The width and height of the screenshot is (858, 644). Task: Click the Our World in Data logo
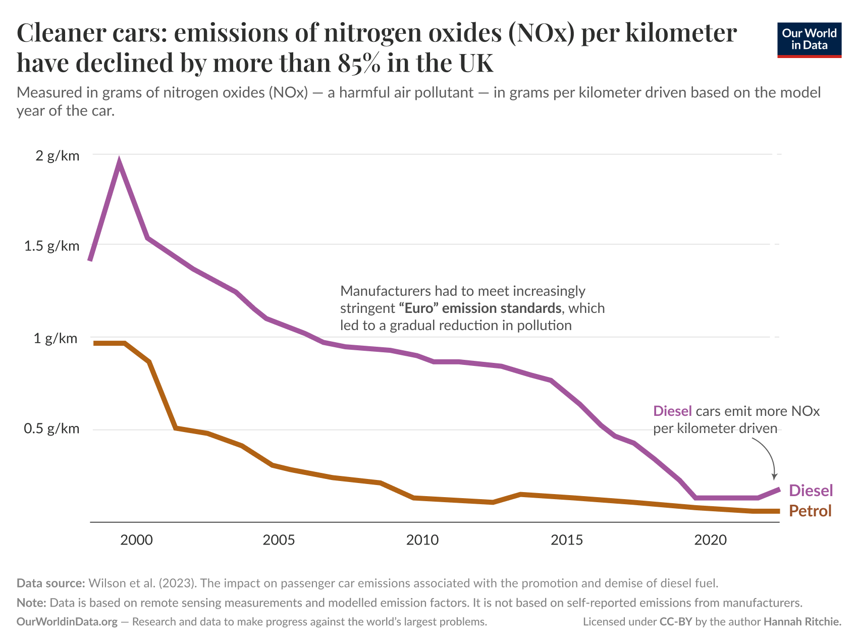[809, 40]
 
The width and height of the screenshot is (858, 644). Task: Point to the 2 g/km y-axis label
[58, 155]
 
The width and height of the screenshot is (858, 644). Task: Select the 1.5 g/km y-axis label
[51, 246]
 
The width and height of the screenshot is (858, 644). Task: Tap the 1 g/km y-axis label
[56, 338]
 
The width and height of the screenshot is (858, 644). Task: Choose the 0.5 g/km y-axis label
[51, 428]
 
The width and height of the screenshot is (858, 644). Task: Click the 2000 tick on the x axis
[136, 540]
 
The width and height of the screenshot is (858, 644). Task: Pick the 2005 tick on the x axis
[279, 540]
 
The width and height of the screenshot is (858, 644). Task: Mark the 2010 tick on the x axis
[422, 540]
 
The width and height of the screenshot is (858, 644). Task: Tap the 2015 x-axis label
[566, 540]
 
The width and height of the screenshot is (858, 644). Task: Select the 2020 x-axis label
[710, 540]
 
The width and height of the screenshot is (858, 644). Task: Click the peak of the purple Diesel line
[119, 163]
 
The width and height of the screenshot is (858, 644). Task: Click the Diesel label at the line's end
[811, 491]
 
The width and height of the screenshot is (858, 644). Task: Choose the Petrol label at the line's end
[810, 511]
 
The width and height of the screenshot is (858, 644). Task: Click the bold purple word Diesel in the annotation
[672, 411]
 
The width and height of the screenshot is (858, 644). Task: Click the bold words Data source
[50, 583]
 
